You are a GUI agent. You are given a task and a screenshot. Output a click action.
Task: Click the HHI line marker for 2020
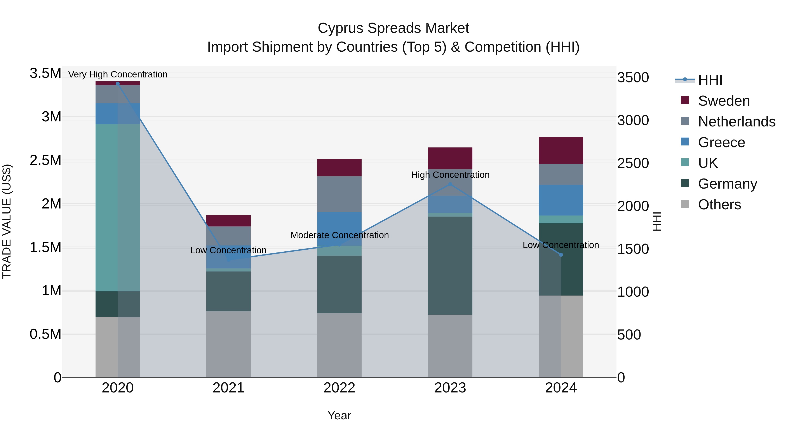coord(118,84)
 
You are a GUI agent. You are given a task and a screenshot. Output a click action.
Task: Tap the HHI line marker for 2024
coord(561,255)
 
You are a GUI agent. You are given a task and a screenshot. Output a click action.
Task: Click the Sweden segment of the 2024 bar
coord(561,151)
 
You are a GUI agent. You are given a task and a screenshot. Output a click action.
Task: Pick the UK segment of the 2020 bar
coord(118,208)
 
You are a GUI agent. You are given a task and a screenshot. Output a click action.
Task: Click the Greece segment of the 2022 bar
coord(339,229)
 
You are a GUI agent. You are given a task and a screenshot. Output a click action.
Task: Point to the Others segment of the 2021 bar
coord(228,344)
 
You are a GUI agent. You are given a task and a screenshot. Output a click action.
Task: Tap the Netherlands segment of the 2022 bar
coord(339,194)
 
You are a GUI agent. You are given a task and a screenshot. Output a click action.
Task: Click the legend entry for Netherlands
coord(737,121)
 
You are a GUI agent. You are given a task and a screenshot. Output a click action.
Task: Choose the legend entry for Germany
coord(727,184)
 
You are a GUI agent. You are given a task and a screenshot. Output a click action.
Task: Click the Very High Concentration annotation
coord(118,74)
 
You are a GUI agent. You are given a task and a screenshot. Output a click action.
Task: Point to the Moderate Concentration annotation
coord(340,235)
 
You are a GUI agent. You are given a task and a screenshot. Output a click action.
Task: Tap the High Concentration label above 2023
coord(450,175)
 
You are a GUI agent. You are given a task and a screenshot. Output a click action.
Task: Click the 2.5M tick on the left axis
coord(45,160)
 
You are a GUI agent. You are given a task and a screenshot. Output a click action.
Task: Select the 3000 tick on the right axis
coord(633,121)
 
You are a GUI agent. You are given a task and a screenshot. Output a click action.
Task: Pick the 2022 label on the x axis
coord(339,388)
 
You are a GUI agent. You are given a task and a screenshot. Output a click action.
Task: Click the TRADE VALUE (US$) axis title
coord(7,221)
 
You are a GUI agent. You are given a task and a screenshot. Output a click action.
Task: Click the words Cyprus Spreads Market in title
coord(393,28)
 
